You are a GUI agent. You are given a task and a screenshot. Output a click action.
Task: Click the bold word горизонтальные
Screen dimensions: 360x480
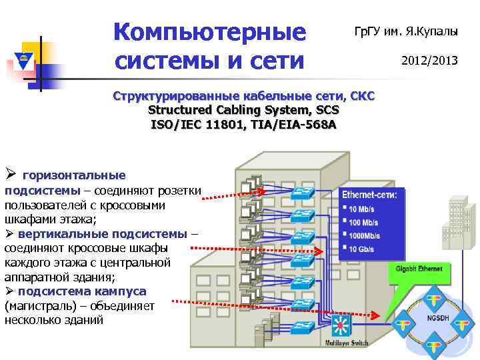click(74, 175)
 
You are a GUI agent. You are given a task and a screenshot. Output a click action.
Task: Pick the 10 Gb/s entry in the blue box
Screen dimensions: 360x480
click(363, 249)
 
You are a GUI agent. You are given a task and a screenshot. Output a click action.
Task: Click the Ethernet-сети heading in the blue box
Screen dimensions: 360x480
click(369, 195)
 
